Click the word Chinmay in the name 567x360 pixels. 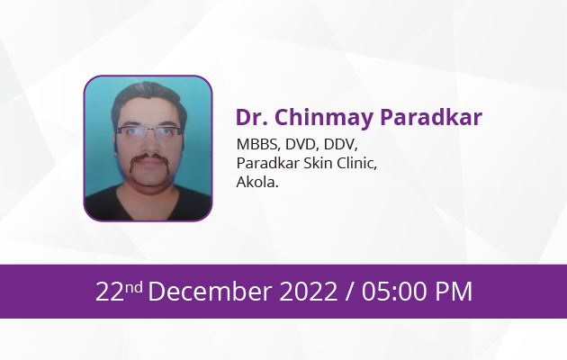click(x=324, y=118)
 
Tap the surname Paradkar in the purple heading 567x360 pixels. click(x=431, y=117)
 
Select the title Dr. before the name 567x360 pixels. click(x=252, y=117)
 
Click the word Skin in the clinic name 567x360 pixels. click(x=318, y=163)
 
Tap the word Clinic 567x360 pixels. click(x=357, y=164)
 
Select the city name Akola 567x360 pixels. click(x=257, y=182)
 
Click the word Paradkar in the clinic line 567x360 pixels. click(x=268, y=163)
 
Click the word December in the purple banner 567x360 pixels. click(x=210, y=292)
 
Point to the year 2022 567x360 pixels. click(x=309, y=292)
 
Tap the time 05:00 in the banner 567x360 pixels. click(x=395, y=292)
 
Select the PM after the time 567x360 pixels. click(x=454, y=292)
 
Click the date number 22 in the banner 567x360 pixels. click(x=110, y=292)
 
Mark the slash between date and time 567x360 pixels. click(x=349, y=292)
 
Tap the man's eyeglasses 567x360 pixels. click(x=148, y=132)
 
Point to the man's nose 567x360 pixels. click(x=150, y=143)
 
